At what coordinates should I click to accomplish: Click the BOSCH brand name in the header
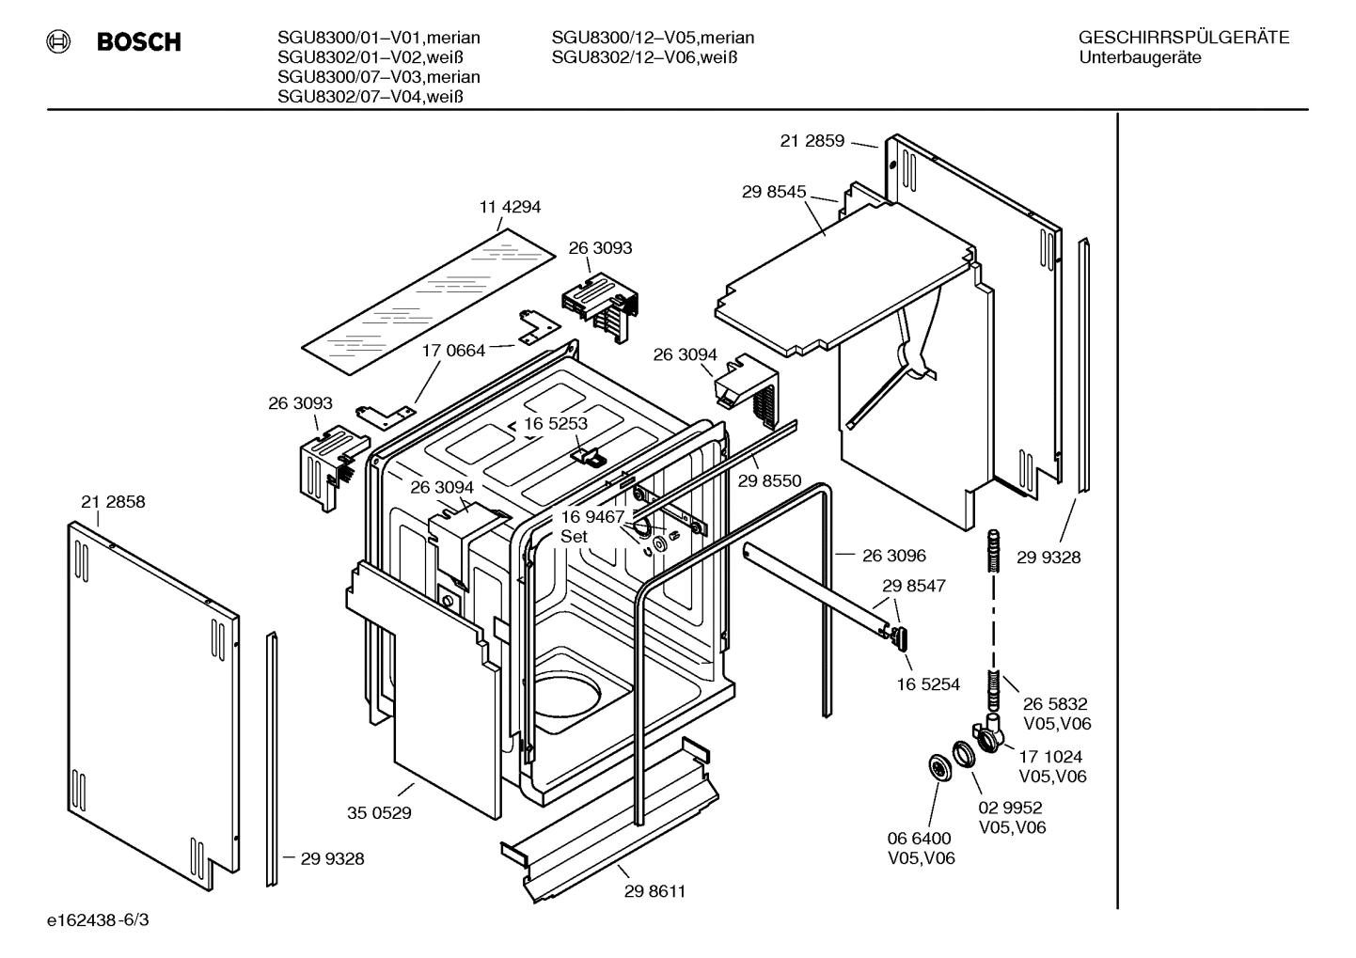pyautogui.click(x=138, y=42)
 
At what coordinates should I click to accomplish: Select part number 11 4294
pyautogui.click(x=510, y=207)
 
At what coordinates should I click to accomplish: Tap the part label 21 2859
pyautogui.click(x=812, y=141)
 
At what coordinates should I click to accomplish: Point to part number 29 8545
pyautogui.click(x=773, y=192)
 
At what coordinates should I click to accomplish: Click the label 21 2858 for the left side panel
pyautogui.click(x=113, y=502)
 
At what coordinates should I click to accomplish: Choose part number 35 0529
pyautogui.click(x=379, y=813)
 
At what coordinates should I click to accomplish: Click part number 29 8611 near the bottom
pyautogui.click(x=654, y=891)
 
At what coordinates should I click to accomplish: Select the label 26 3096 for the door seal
pyautogui.click(x=893, y=556)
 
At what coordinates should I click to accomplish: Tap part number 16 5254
pyautogui.click(x=928, y=684)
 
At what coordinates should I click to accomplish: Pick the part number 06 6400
pyautogui.click(x=919, y=838)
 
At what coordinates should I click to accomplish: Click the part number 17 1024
pyautogui.click(x=1050, y=756)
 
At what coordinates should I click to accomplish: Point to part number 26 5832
pyautogui.click(x=1055, y=703)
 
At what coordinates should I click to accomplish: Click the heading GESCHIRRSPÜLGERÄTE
pyautogui.click(x=1183, y=38)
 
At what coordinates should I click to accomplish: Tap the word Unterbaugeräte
pyautogui.click(x=1140, y=57)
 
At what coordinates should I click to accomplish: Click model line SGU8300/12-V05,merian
pyautogui.click(x=653, y=38)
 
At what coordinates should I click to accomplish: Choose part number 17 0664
pyautogui.click(x=453, y=351)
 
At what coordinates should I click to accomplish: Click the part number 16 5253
pyautogui.click(x=556, y=423)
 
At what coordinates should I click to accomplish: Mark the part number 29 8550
pyautogui.click(x=769, y=480)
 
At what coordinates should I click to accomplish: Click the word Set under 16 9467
pyautogui.click(x=574, y=537)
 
